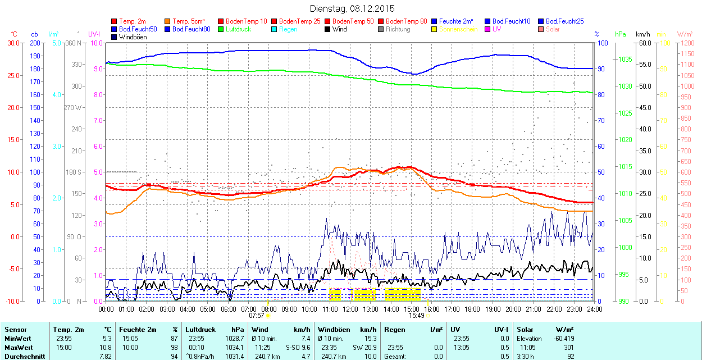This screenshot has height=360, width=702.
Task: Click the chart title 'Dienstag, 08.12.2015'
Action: [352, 8]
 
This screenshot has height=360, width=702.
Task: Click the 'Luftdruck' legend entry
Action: [238, 29]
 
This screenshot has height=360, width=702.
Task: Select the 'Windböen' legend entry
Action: [133, 37]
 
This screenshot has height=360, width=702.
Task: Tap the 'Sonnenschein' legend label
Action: [458, 29]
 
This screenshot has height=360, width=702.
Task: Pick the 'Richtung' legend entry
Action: [398, 29]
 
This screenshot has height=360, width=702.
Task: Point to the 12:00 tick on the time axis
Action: [350, 309]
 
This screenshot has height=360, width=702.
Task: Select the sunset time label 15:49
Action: [416, 316]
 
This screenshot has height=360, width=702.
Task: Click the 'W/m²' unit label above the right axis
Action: [685, 34]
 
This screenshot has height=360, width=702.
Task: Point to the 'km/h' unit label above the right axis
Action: [643, 34]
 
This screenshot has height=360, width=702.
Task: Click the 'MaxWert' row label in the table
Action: [18, 347]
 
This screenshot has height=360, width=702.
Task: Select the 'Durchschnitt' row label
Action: [22, 356]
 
